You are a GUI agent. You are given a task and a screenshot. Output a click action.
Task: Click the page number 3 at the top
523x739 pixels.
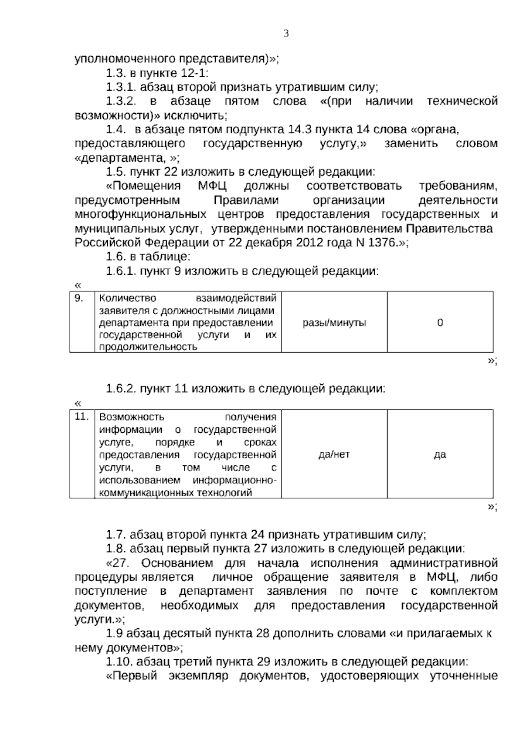[286, 34]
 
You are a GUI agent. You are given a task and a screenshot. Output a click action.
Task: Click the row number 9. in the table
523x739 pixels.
[79, 298]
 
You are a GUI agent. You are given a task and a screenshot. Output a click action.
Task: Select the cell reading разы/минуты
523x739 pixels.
[334, 323]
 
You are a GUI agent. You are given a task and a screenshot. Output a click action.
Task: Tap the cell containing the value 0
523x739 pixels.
[440, 323]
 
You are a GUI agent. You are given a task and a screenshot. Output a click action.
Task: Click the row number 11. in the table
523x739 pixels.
[82, 417]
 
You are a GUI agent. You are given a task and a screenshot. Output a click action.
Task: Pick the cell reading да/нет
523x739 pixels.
[334, 454]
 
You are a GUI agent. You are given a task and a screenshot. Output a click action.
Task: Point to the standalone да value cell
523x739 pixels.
[440, 454]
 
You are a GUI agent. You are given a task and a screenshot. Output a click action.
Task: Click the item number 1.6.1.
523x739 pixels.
[121, 271]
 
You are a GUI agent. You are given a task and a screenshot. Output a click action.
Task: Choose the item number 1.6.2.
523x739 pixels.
[121, 388]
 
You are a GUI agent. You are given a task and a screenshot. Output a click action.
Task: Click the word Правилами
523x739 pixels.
[246, 200]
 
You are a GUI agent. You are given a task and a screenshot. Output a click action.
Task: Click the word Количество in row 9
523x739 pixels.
[127, 298]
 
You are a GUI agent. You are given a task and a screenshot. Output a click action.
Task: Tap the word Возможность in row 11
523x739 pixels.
[132, 417]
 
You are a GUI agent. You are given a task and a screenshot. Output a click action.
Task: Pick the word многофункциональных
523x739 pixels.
[140, 215]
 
